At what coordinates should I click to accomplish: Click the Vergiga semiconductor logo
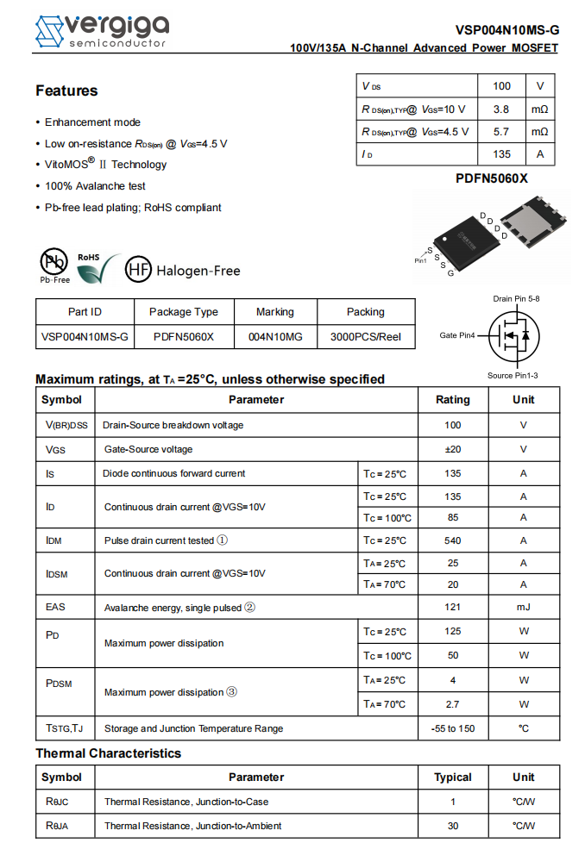pyautogui.click(x=101, y=31)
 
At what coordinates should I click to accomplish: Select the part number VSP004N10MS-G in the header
pyautogui.click(x=507, y=29)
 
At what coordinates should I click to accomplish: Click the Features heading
pyautogui.click(x=66, y=91)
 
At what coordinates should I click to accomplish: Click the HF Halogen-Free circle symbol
pyautogui.click(x=138, y=270)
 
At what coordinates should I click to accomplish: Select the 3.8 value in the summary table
pyautogui.click(x=500, y=109)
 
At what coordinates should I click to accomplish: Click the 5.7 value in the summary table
pyautogui.click(x=500, y=132)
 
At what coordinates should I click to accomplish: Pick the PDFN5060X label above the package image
pyautogui.click(x=492, y=178)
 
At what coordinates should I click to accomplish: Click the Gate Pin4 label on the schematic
pyautogui.click(x=457, y=335)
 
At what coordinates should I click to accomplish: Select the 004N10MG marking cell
pyautogui.click(x=275, y=337)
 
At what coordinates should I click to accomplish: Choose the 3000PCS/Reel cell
pyautogui.click(x=366, y=337)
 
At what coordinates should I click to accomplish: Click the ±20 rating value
pyautogui.click(x=452, y=449)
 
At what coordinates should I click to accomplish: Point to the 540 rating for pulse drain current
pyautogui.click(x=452, y=540)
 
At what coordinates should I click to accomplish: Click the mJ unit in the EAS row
pyautogui.click(x=523, y=607)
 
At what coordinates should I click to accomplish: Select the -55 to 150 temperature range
pyautogui.click(x=452, y=728)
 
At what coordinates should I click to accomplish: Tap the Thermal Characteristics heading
pyautogui.click(x=108, y=753)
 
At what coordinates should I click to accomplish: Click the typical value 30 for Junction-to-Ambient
pyautogui.click(x=452, y=826)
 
